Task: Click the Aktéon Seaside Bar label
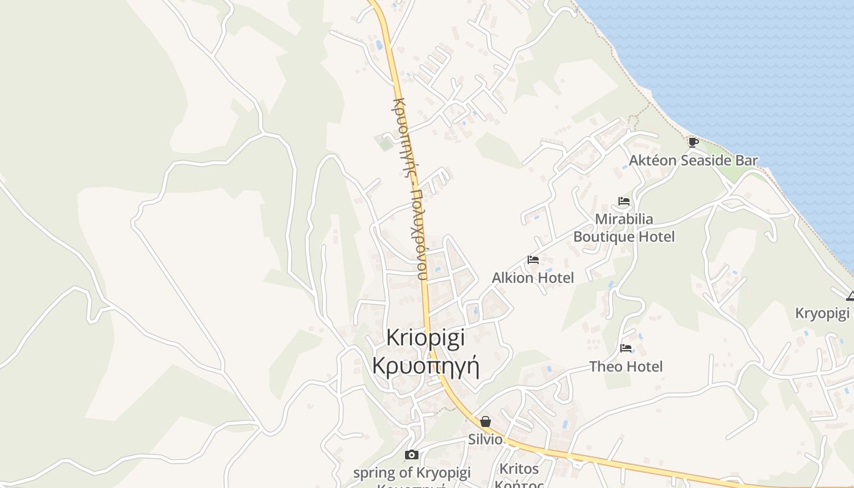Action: pyautogui.click(x=693, y=160)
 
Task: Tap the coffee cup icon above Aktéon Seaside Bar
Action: pyautogui.click(x=693, y=142)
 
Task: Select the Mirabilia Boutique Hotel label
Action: pyautogui.click(x=624, y=228)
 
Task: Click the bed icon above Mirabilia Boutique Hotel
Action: pyautogui.click(x=623, y=201)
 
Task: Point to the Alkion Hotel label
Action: pyautogui.click(x=533, y=278)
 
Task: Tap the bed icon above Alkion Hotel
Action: pyautogui.click(x=533, y=259)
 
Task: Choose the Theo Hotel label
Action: pyautogui.click(x=626, y=367)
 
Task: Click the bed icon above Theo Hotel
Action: pyautogui.click(x=626, y=348)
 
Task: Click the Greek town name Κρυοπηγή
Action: pyautogui.click(x=426, y=366)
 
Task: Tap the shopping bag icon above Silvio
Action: pyautogui.click(x=486, y=421)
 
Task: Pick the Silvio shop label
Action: pyautogui.click(x=486, y=439)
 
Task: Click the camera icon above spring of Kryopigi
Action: pyautogui.click(x=412, y=454)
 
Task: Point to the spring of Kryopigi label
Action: pyautogui.click(x=412, y=472)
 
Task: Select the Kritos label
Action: pyautogui.click(x=519, y=469)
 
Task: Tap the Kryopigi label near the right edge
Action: pyautogui.click(x=822, y=314)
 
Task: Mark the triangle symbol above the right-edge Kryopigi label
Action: pyautogui.click(x=850, y=296)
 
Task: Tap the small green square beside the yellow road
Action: pyautogui.click(x=385, y=144)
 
